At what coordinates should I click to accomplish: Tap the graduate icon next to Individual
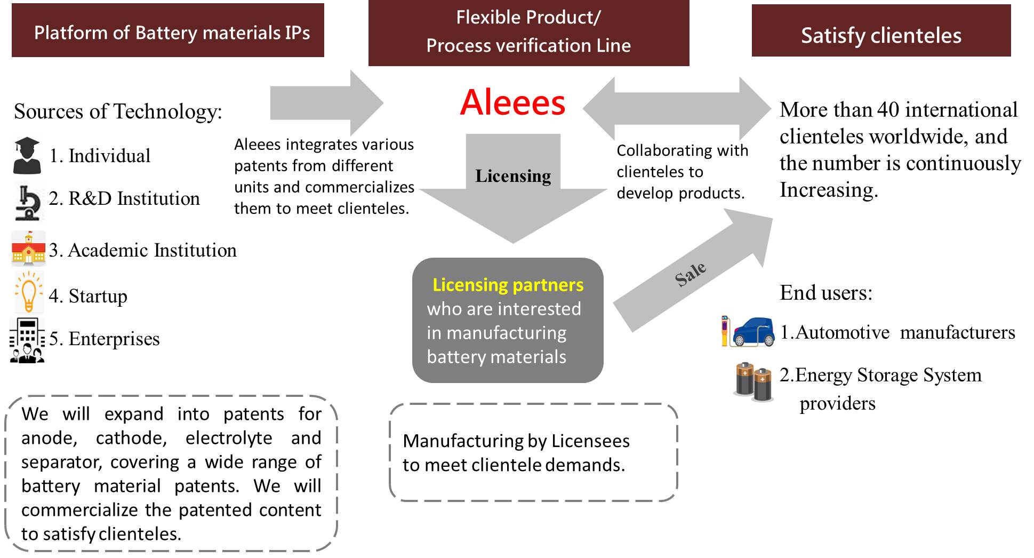pos(27,156)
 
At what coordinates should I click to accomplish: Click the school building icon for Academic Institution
pos(28,249)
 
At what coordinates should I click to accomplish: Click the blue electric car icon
pos(752,332)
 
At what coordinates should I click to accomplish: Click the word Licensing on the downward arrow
pos(513,176)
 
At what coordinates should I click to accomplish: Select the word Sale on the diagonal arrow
pos(691,274)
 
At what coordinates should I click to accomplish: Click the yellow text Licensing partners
pos(508,285)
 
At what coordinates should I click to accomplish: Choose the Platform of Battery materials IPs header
pos(168,31)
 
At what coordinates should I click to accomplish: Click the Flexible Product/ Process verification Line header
pos(528,32)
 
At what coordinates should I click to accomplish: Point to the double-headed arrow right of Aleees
pos(677,109)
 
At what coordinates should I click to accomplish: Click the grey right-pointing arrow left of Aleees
pos(325,103)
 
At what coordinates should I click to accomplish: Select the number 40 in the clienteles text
pos(888,110)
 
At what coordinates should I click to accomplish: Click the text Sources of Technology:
pos(118,111)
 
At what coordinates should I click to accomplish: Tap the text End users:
pos(825,293)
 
